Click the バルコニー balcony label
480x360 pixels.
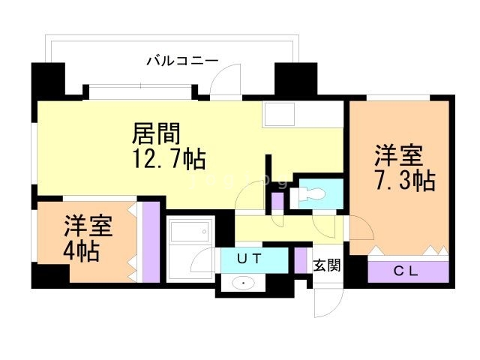click(181, 60)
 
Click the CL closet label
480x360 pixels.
click(407, 271)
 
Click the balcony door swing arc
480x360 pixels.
click(227, 82)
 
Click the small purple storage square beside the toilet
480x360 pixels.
click(277, 200)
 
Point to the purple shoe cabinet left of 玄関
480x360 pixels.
click(301, 259)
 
